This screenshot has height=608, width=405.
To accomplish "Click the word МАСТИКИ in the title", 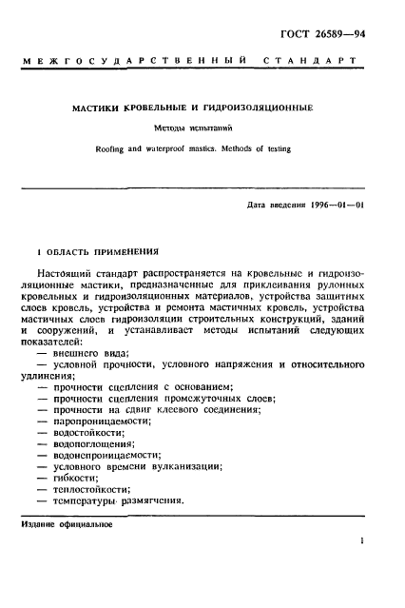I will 98,108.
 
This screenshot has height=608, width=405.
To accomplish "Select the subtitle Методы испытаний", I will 201,127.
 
